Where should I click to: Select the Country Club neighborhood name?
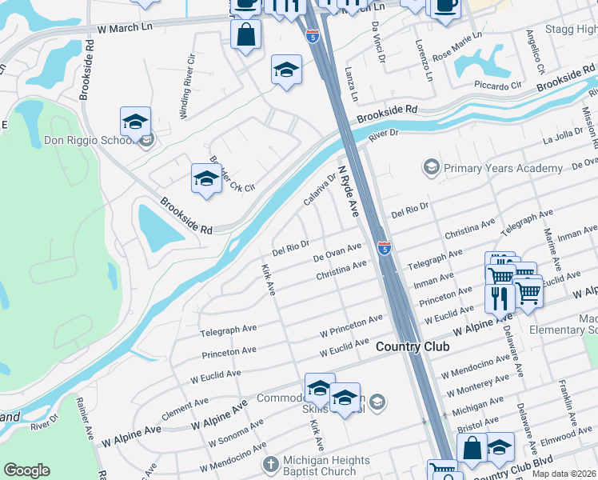point(412,346)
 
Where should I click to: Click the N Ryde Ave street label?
point(349,190)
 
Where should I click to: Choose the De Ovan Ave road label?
point(337,253)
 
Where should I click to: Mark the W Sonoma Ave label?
point(234,433)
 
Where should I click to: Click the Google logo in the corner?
point(27,470)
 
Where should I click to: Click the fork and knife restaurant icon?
point(500,298)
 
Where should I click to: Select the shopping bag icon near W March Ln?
point(245,34)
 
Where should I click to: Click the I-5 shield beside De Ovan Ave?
point(385,249)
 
